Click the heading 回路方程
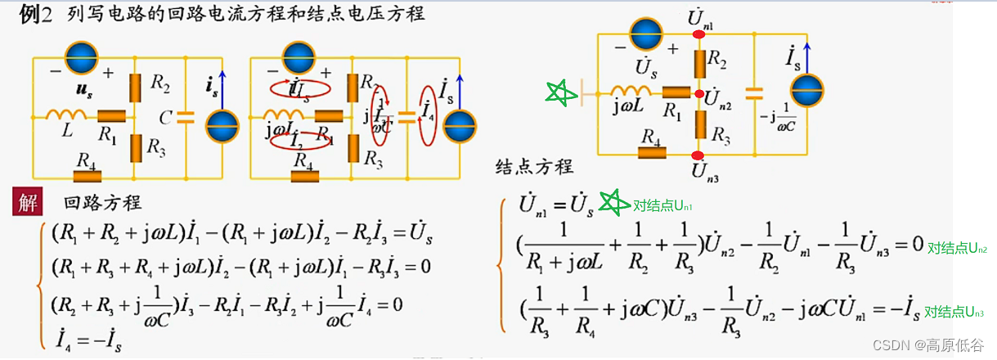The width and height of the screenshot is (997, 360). (102, 203)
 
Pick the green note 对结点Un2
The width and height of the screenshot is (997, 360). (957, 248)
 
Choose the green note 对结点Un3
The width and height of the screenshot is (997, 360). (954, 312)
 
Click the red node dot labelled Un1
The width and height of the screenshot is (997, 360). (698, 35)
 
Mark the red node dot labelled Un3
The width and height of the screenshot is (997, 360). (698, 155)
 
